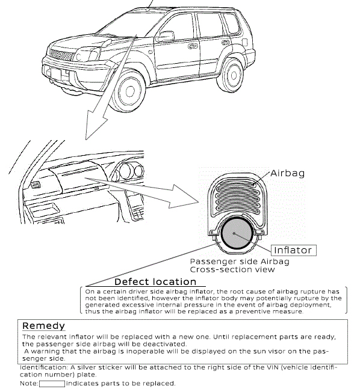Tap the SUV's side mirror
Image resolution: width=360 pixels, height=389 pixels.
(165, 36)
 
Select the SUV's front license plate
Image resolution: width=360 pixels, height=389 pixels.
(55, 74)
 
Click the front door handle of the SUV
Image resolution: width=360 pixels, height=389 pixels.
(193, 46)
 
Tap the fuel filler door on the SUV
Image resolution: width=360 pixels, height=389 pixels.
(245, 43)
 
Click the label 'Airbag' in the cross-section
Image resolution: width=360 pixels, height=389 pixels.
(287, 173)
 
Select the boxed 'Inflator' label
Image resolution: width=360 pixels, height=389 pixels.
(293, 250)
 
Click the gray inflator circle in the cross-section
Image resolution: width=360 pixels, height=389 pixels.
(237, 234)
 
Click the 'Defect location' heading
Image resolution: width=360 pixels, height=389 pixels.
(155, 282)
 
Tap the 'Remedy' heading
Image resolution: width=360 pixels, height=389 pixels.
(43, 326)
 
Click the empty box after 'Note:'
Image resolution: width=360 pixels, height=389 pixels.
(52, 384)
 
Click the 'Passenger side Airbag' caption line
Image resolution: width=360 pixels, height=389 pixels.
(240, 262)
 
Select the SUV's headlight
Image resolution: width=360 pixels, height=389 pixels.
(87, 54)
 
